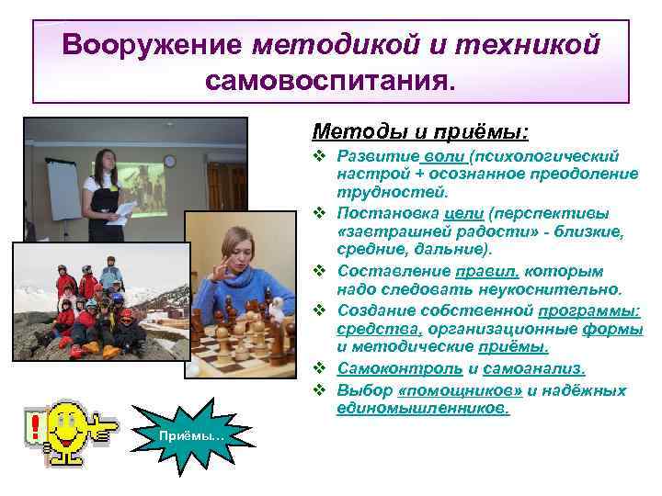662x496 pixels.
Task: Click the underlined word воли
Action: (446, 157)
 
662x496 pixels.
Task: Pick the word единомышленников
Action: (423, 408)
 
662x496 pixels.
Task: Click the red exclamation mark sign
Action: (35, 428)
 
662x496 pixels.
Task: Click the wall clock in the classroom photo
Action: (169, 162)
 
